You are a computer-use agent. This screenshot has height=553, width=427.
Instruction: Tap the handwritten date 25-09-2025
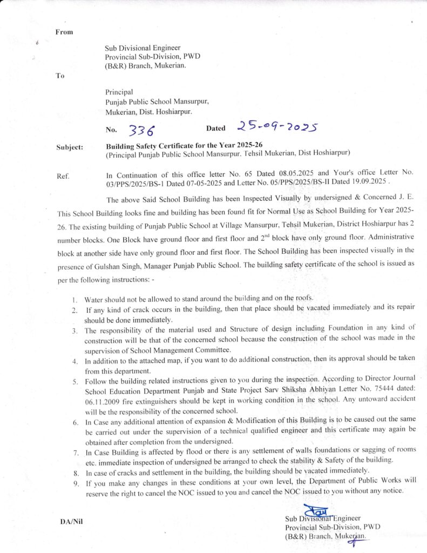[x=276, y=127]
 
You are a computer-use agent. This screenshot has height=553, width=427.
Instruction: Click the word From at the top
[x=64, y=32]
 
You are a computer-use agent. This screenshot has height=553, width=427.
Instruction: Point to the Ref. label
[x=63, y=176]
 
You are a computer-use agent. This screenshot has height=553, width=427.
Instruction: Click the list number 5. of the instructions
[x=76, y=381]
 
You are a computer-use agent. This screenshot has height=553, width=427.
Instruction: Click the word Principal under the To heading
[x=119, y=92]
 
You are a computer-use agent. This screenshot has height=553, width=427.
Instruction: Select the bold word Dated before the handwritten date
[x=216, y=129]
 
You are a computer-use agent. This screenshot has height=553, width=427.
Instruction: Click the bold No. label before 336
[x=111, y=130]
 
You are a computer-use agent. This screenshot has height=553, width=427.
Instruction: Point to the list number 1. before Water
[x=75, y=299]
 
